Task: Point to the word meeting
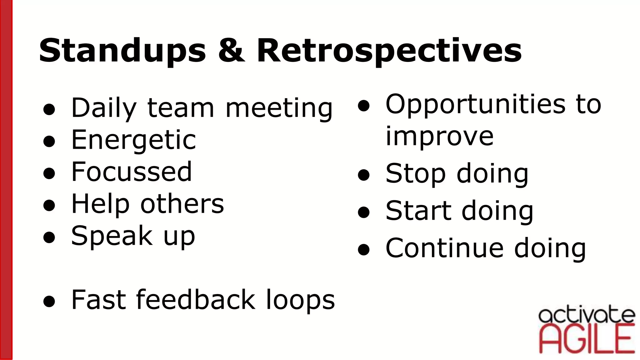click(x=279, y=108)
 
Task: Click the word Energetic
click(x=133, y=140)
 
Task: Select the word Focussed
click(x=131, y=172)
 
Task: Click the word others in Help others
click(x=182, y=204)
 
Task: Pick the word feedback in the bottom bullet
click(x=195, y=300)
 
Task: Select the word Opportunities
click(x=475, y=105)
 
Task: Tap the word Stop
click(x=415, y=174)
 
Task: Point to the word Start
click(x=418, y=211)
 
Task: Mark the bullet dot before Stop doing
click(x=364, y=176)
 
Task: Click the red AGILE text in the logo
click(x=587, y=339)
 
